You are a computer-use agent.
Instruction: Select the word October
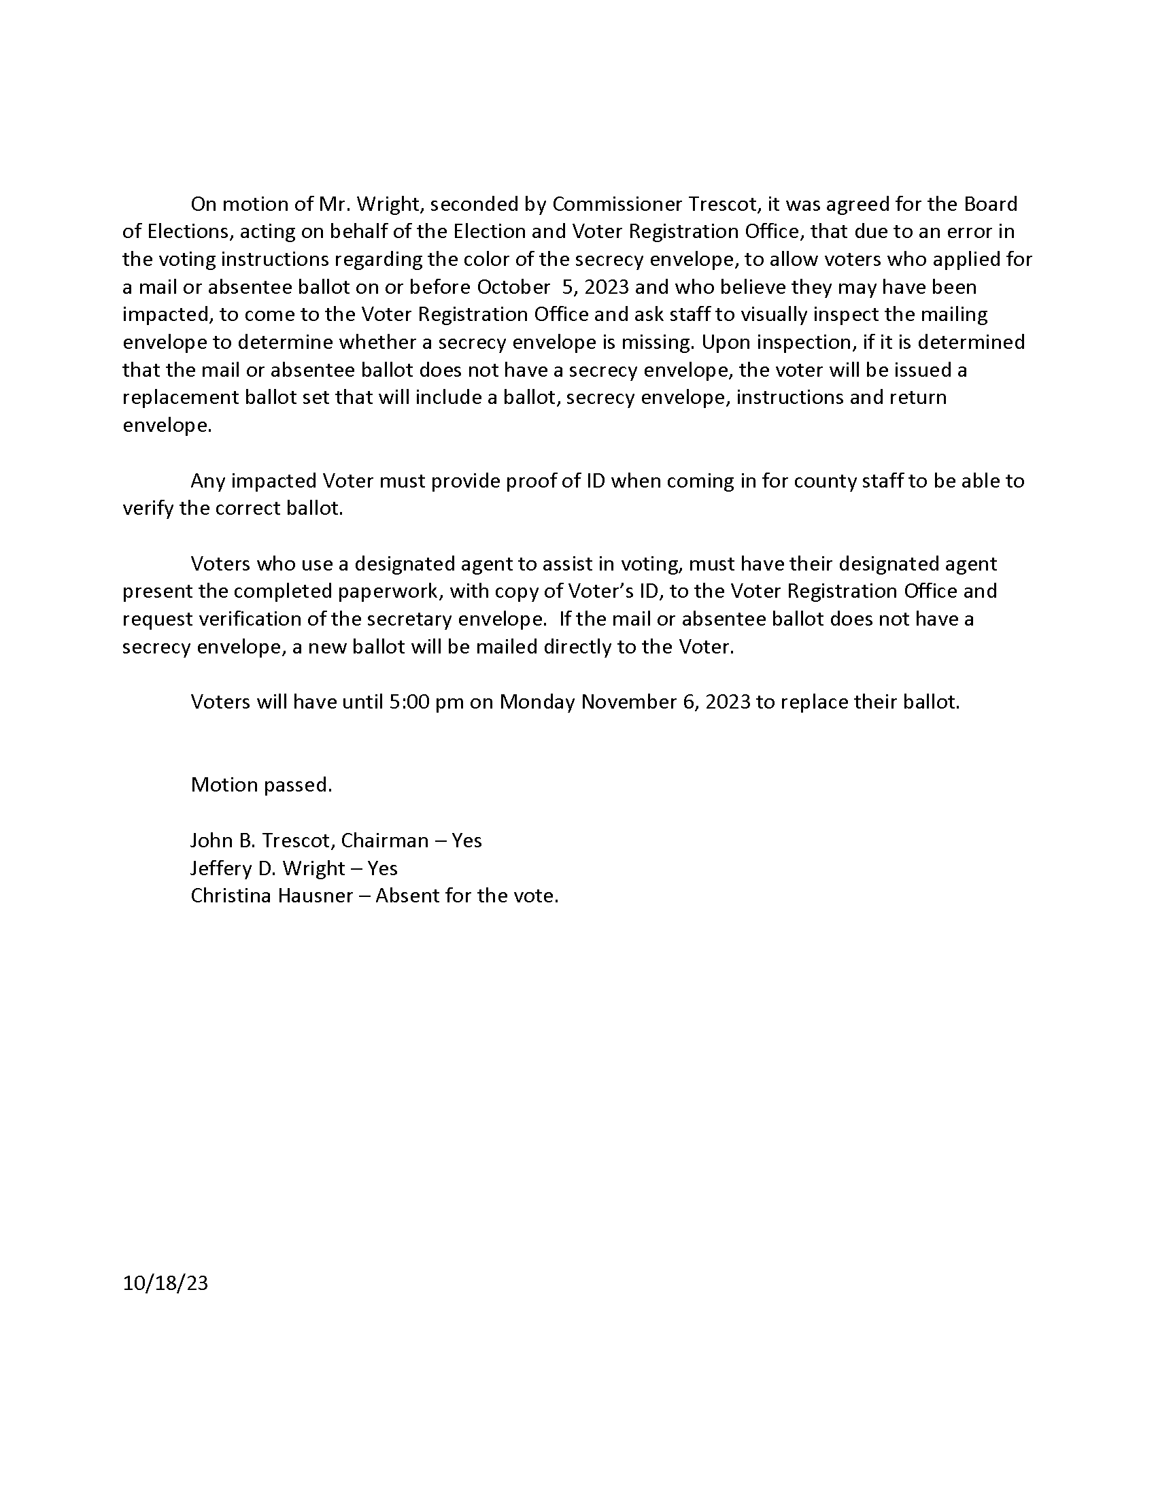pyautogui.click(x=513, y=287)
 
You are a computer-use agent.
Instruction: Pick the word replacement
pyautogui.click(x=182, y=398)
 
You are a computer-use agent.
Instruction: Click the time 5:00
pyautogui.click(x=408, y=702)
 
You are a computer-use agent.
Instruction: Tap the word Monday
pyautogui.click(x=537, y=702)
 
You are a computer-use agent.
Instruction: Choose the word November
pyautogui.click(x=630, y=702)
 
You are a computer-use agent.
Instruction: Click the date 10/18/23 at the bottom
pyautogui.click(x=165, y=1283)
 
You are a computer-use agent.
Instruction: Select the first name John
pyautogui.click(x=211, y=840)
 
